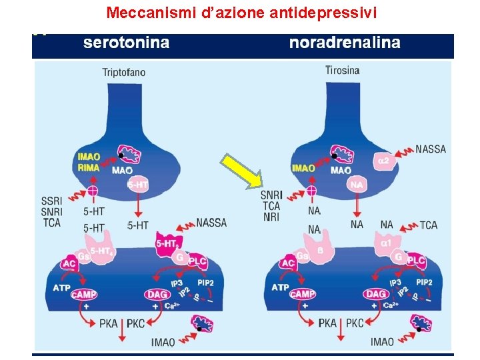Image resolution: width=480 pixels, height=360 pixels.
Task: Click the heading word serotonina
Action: click(126, 43)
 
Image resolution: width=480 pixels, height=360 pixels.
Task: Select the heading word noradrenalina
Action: click(345, 43)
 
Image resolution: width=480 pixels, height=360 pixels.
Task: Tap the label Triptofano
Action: click(124, 72)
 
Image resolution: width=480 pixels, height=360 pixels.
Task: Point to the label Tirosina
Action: click(342, 70)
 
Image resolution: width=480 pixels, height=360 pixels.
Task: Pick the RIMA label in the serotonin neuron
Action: click(89, 167)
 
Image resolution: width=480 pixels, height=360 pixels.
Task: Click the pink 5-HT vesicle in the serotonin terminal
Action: click(137, 185)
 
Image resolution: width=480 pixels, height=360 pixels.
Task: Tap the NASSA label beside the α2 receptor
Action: click(430, 149)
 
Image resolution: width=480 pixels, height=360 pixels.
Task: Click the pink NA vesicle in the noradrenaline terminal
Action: click(357, 185)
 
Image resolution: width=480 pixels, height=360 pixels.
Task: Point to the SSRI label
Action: click(51, 201)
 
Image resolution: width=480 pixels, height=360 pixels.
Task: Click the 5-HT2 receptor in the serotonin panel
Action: click(167, 245)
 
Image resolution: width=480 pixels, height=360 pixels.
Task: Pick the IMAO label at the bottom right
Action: click(383, 342)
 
